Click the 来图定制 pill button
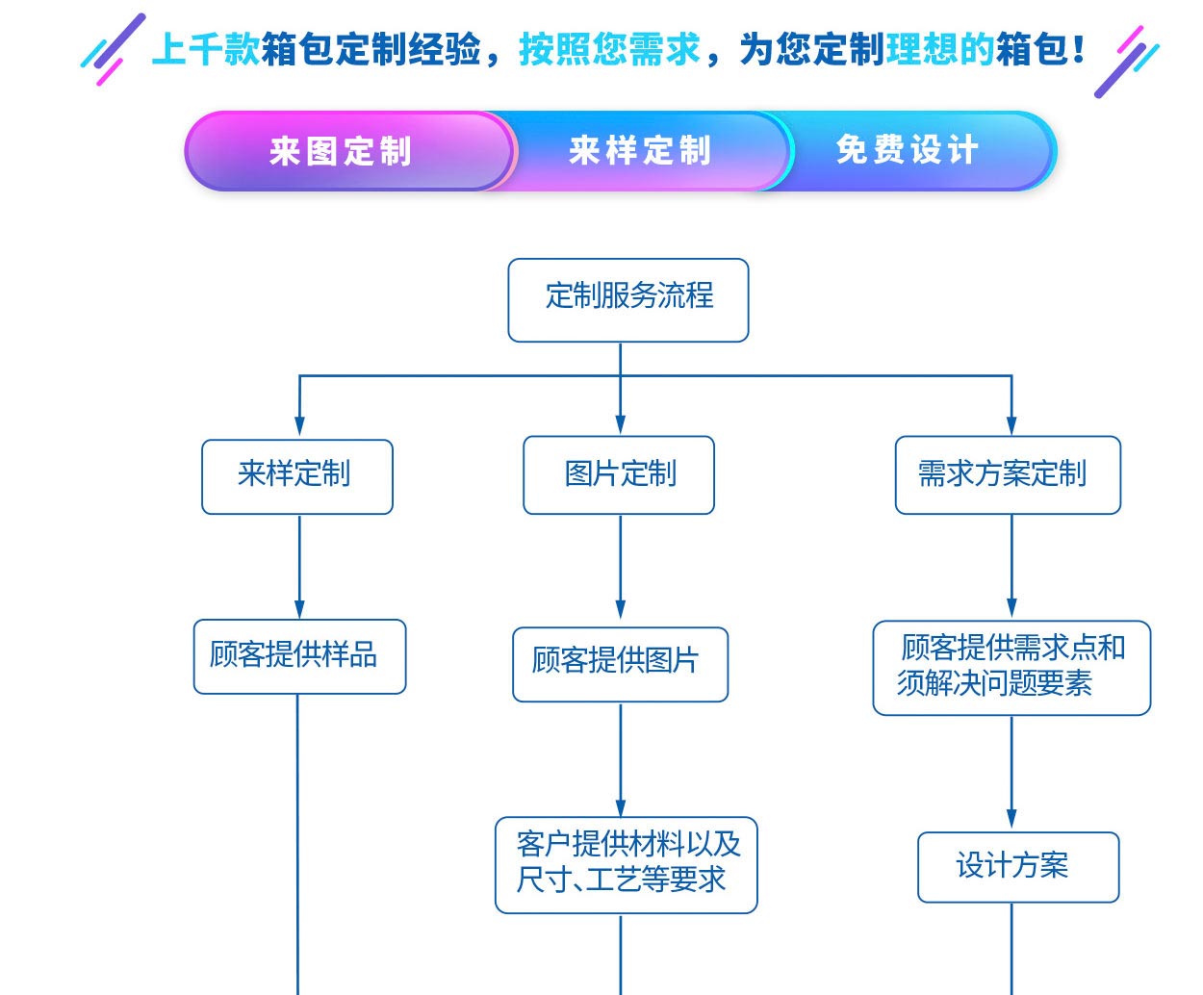pyautogui.click(x=342, y=151)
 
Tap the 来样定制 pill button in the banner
pyautogui.click(x=641, y=151)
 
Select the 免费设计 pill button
pyautogui.click(x=908, y=150)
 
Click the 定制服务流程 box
pyautogui.click(x=628, y=299)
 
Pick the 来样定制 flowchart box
pyautogui.click(x=296, y=476)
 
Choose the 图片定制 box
pyautogui.click(x=619, y=474)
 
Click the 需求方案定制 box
pyautogui.click(x=1008, y=474)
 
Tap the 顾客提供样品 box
pyautogui.click(x=299, y=656)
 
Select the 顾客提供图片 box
pyautogui.click(x=620, y=664)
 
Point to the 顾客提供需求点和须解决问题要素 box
pyautogui.click(x=1011, y=667)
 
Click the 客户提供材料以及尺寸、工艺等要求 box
pyautogui.click(x=626, y=864)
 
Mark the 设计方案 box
pyautogui.click(x=1017, y=866)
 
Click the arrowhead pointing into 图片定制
pyautogui.click(x=620, y=424)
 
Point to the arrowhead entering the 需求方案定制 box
pyautogui.click(x=1011, y=424)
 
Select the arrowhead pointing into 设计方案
pyautogui.click(x=1011, y=819)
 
